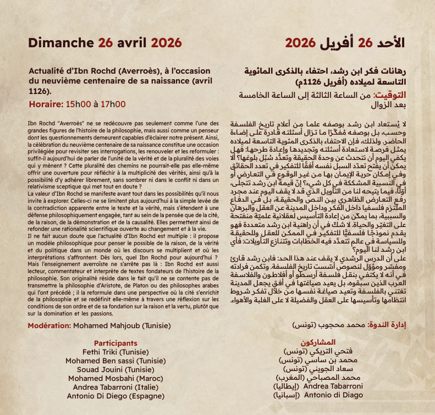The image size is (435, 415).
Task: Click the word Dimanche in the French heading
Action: pos(60,43)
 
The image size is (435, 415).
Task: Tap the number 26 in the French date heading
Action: pos(107,43)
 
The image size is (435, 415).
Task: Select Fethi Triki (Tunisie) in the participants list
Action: pos(115,352)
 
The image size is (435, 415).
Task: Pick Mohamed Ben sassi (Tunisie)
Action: pos(115,361)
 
